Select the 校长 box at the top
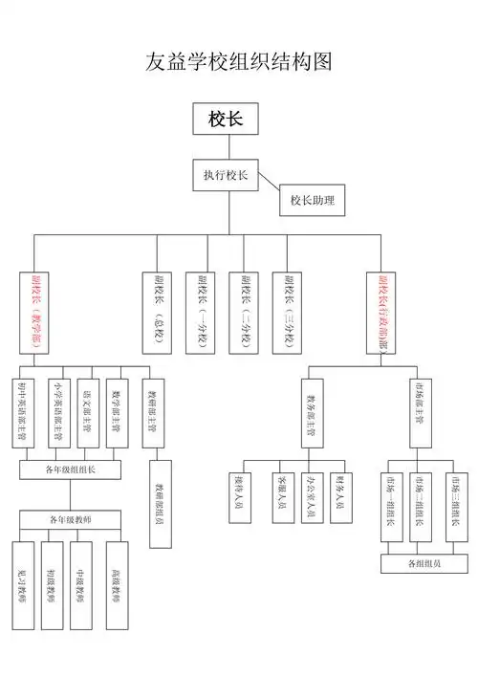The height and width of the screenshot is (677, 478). pos(226,120)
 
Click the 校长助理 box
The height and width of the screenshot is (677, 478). pos(312,201)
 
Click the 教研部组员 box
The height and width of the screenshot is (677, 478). pos(160,503)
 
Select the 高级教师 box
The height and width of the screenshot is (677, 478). pos(119,584)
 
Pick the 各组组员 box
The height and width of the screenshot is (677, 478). pos(424,563)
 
